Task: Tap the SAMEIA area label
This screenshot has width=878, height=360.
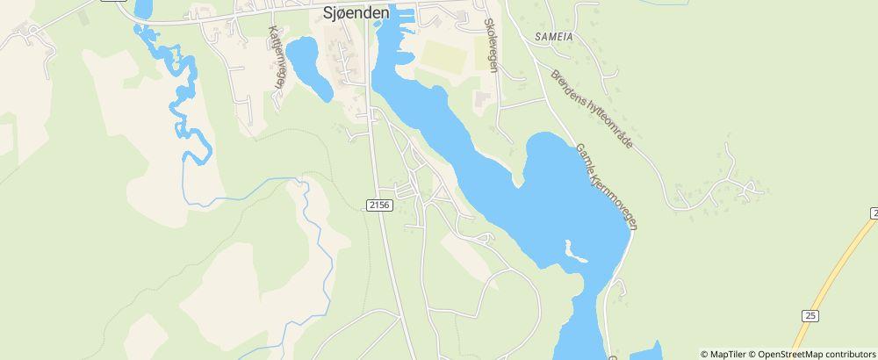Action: coord(553,37)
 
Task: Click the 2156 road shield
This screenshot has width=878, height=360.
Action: coord(378,204)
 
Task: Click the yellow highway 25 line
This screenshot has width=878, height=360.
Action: coord(834,272)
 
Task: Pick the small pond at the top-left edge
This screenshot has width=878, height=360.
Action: coord(142,9)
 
